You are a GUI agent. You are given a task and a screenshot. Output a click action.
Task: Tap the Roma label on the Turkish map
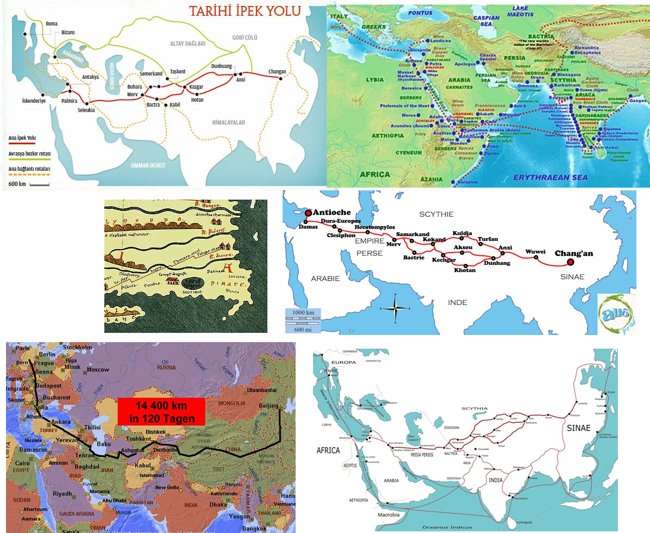coord(52,24)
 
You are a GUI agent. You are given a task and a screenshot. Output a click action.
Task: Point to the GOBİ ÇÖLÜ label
coord(245,37)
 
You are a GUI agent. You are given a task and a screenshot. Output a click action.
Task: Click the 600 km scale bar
coord(29,184)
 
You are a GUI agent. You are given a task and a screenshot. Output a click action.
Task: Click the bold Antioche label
coord(329,213)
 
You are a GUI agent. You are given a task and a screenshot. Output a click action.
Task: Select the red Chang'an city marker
coord(570,262)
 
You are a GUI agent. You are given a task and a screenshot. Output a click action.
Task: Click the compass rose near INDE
coord(396,308)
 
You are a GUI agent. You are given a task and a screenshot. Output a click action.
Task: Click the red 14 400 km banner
coord(161,411)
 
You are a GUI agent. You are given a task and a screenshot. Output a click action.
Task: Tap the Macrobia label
coord(388,515)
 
